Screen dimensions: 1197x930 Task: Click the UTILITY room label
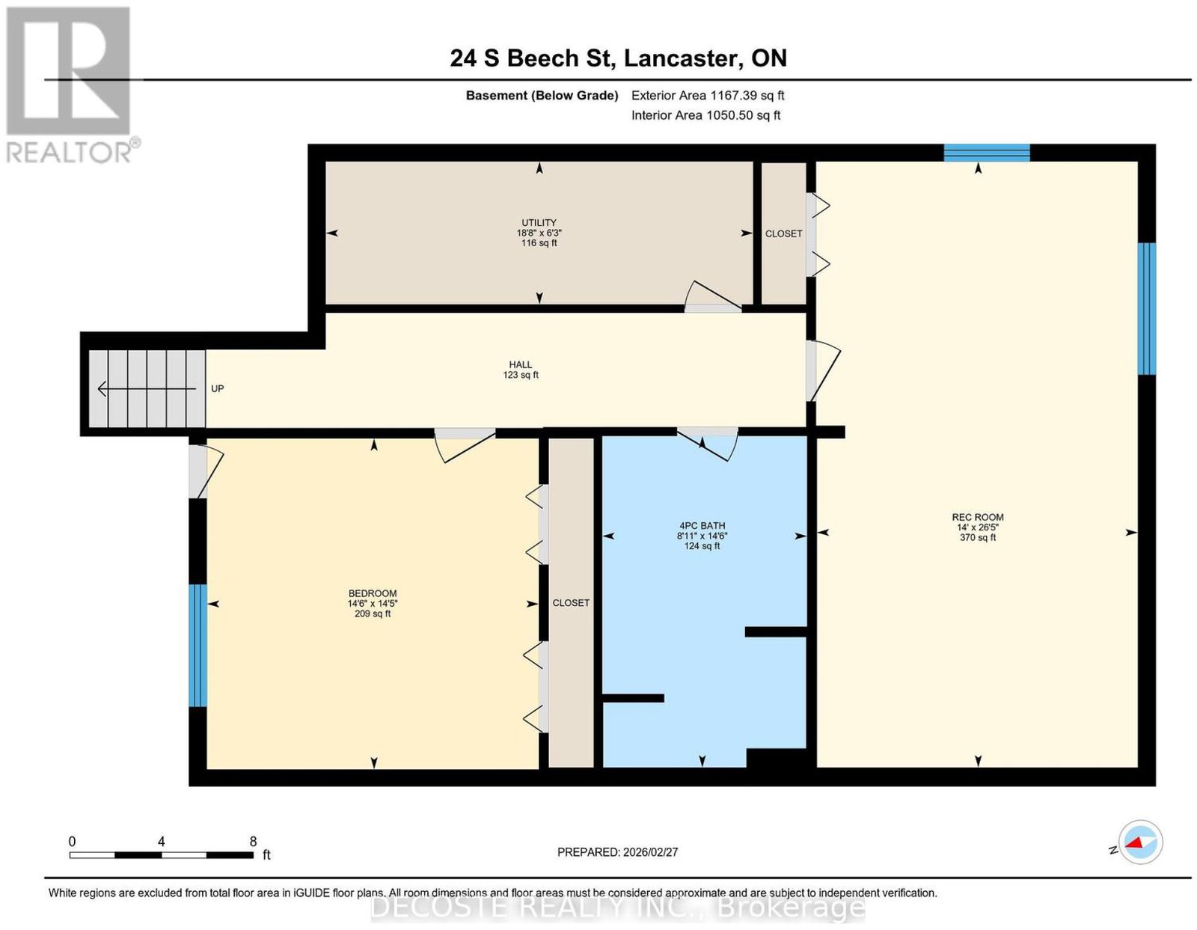[538, 222]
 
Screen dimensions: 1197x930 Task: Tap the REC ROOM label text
[977, 517]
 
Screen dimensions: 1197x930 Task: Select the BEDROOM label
[373, 593]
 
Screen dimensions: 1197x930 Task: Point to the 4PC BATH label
[702, 525]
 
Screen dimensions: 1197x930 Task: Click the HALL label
[520, 364]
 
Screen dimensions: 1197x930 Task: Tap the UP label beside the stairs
[218, 389]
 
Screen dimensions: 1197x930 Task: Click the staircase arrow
[147, 389]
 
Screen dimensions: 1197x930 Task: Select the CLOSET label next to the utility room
[783, 234]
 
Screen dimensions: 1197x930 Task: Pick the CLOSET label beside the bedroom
[571, 603]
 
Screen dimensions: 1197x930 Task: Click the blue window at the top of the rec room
[987, 153]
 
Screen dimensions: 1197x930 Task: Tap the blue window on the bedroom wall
[198, 645]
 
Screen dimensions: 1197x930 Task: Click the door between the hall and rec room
[822, 370]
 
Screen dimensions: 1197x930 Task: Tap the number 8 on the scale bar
[253, 842]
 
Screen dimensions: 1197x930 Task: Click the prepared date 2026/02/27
[650, 852]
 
